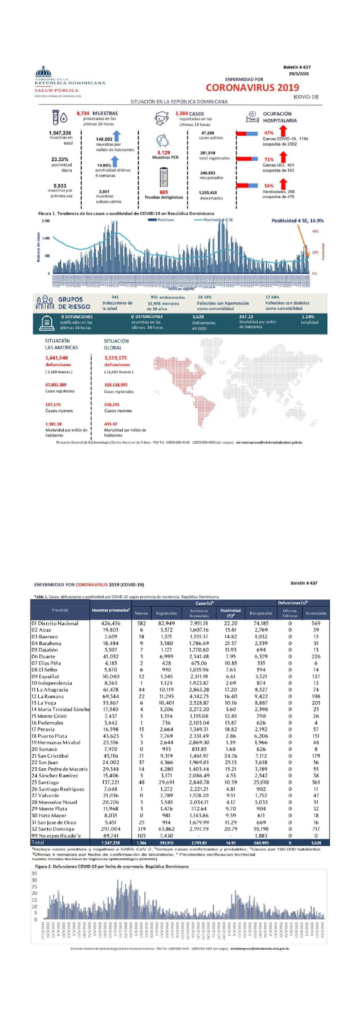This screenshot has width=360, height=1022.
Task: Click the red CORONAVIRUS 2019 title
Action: [x=252, y=88]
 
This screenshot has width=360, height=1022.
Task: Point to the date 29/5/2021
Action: [x=300, y=74]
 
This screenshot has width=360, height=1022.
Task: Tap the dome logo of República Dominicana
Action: [x=44, y=72]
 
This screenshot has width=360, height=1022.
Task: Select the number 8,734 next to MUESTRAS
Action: [x=83, y=114]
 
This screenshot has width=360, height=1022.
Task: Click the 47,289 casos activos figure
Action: [x=207, y=133]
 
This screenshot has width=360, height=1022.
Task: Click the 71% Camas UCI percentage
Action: [x=269, y=160]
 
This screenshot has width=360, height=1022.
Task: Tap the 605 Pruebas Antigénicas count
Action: [x=163, y=193]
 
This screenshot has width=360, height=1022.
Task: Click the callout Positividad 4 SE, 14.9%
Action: [x=297, y=221]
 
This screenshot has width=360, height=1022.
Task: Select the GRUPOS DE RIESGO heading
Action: [x=74, y=303]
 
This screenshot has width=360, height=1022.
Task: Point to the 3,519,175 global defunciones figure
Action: [x=115, y=358]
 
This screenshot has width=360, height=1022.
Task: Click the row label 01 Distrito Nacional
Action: [x=55, y=623]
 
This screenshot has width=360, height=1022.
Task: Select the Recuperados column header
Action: [x=261, y=613]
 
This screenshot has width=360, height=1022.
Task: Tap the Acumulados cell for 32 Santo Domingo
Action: [x=316, y=829]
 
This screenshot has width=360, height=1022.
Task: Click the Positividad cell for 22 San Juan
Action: [x=230, y=762]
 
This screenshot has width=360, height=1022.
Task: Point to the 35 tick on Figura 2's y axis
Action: [x=35, y=873]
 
